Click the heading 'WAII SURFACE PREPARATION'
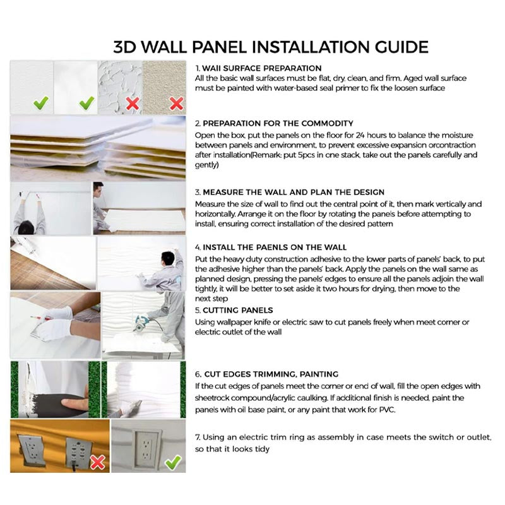click(261, 68)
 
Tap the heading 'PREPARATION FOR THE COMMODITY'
click(278, 123)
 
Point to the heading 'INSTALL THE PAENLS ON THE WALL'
click(275, 247)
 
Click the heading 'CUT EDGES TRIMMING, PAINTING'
click(270, 374)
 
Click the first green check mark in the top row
click(42, 102)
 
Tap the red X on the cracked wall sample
click(132, 102)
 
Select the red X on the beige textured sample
click(177, 102)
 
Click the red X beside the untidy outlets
click(97, 463)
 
